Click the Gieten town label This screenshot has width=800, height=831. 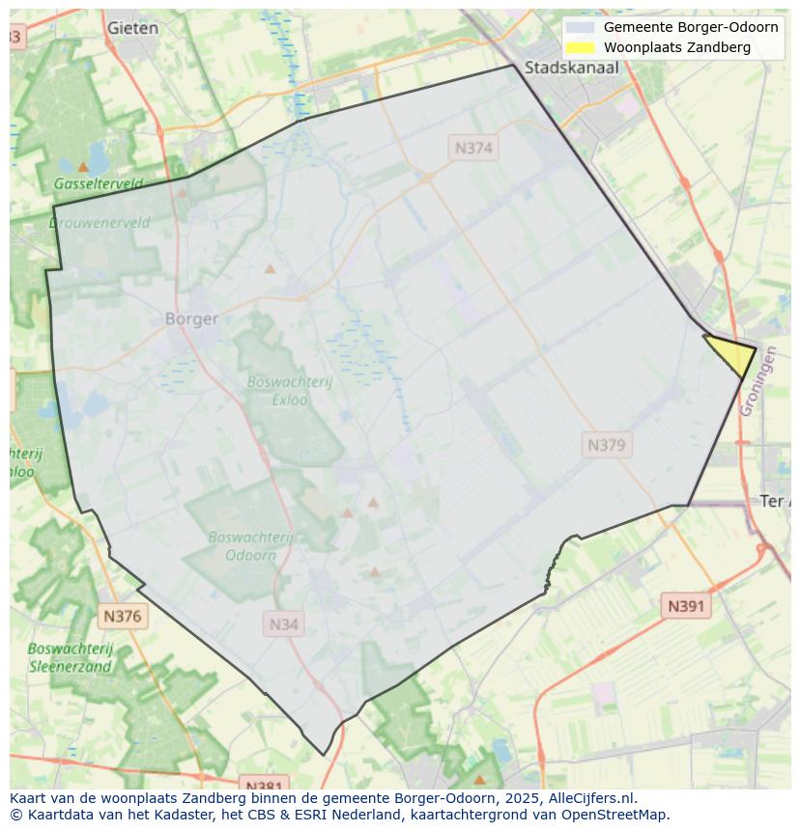(x=132, y=28)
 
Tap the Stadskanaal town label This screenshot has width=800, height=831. (x=572, y=68)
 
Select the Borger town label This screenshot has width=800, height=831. (x=191, y=319)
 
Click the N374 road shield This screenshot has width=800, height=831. (x=473, y=148)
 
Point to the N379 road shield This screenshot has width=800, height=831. (x=607, y=445)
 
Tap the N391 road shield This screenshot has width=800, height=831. (x=686, y=606)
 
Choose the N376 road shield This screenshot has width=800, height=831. (x=122, y=616)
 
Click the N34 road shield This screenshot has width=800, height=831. (x=283, y=624)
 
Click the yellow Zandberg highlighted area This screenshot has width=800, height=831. (x=734, y=354)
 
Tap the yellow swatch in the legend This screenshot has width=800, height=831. (x=580, y=47)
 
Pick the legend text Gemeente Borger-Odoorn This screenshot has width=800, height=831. (x=691, y=27)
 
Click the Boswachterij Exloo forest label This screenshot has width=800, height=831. (x=289, y=390)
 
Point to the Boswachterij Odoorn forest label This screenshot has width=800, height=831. (x=251, y=546)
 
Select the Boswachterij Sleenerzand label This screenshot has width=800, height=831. (x=71, y=657)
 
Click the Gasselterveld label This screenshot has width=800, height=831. (x=99, y=183)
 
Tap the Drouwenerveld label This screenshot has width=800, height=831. (x=100, y=223)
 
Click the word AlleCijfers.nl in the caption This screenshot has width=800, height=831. (x=589, y=798)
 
